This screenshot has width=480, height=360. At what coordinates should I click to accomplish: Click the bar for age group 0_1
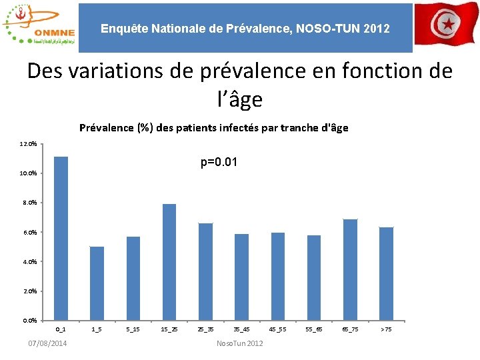pyautogui.click(x=61, y=238)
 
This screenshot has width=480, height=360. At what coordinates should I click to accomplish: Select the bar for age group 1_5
pyautogui.click(x=97, y=283)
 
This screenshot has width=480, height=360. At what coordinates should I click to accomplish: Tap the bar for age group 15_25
pyautogui.click(x=169, y=262)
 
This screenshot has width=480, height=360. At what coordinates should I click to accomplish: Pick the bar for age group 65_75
pyautogui.click(x=350, y=269)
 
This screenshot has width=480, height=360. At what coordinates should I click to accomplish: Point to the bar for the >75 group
pyautogui.click(x=386, y=273)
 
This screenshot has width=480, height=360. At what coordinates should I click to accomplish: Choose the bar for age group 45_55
pyautogui.click(x=278, y=276)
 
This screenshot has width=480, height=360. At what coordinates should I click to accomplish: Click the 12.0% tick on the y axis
pyautogui.click(x=29, y=144)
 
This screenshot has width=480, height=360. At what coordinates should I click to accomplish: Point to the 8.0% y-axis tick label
pyautogui.click(x=29, y=203)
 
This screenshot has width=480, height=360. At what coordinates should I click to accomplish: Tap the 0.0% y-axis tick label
pyautogui.click(x=29, y=321)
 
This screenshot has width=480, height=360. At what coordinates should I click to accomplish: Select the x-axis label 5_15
pyautogui.click(x=133, y=329)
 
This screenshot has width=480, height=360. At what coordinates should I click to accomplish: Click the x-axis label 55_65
pyautogui.click(x=313, y=329)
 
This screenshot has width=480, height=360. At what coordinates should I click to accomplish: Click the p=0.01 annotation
pyautogui.click(x=219, y=163)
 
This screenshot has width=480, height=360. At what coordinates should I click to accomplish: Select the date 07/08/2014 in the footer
pyautogui.click(x=47, y=343)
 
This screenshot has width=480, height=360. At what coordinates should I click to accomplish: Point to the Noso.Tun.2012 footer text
pyautogui.click(x=240, y=343)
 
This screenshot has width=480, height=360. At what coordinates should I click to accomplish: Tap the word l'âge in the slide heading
pyautogui.click(x=239, y=99)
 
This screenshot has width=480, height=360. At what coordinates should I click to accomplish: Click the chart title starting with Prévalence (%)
pyautogui.click(x=213, y=127)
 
